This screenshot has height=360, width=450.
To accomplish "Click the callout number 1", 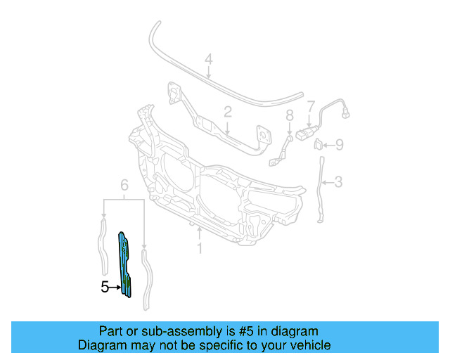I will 200,248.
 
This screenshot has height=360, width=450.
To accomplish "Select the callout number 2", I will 228,112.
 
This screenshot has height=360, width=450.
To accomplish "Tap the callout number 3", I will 338,183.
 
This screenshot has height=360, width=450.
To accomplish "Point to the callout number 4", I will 208,60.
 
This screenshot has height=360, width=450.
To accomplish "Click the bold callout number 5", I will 105,287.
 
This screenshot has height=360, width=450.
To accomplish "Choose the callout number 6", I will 124,185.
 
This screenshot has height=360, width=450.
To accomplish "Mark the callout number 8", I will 289,115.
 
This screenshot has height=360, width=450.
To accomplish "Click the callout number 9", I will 339,146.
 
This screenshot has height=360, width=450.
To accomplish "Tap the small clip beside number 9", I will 317,145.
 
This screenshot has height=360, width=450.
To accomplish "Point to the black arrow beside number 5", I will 115,287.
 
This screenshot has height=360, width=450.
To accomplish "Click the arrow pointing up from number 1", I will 200,233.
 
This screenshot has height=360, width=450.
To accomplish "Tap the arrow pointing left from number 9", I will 328,146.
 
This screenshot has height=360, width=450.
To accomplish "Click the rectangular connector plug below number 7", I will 307,134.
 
